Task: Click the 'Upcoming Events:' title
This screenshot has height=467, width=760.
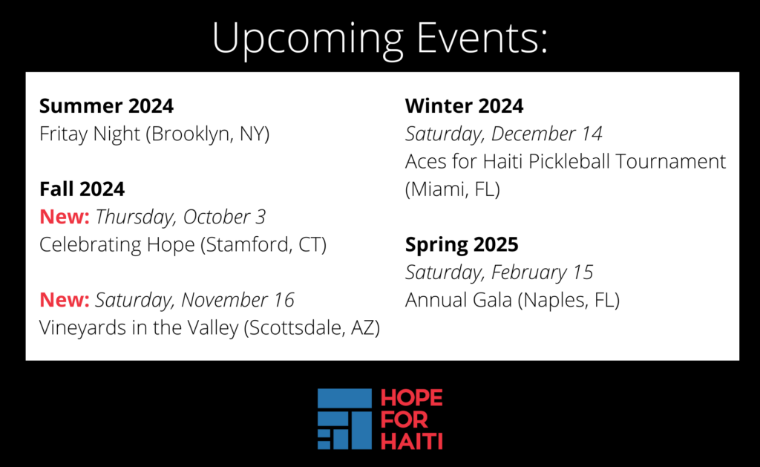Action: click(x=379, y=39)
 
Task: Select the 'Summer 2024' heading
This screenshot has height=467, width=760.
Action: click(x=106, y=105)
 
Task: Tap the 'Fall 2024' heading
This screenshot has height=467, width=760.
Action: click(x=82, y=189)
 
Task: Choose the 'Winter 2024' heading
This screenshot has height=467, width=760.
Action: click(x=464, y=105)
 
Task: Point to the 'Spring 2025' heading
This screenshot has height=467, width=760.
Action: click(x=462, y=245)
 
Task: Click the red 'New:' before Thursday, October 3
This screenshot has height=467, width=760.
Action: click(x=65, y=217)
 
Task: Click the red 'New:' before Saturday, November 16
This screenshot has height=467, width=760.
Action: click(x=65, y=300)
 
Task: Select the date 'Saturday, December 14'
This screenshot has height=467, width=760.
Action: click(x=504, y=134)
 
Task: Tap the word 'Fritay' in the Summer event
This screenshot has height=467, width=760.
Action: click(x=63, y=134)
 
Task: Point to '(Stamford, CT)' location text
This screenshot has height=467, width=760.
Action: click(x=263, y=245)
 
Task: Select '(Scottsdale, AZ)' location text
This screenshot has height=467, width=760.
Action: click(x=312, y=328)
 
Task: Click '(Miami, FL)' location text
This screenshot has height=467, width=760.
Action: click(x=452, y=189)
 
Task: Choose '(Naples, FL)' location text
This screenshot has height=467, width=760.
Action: click(x=569, y=301)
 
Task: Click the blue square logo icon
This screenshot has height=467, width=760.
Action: click(x=344, y=419)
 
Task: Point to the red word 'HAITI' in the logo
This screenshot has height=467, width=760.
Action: click(x=411, y=441)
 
